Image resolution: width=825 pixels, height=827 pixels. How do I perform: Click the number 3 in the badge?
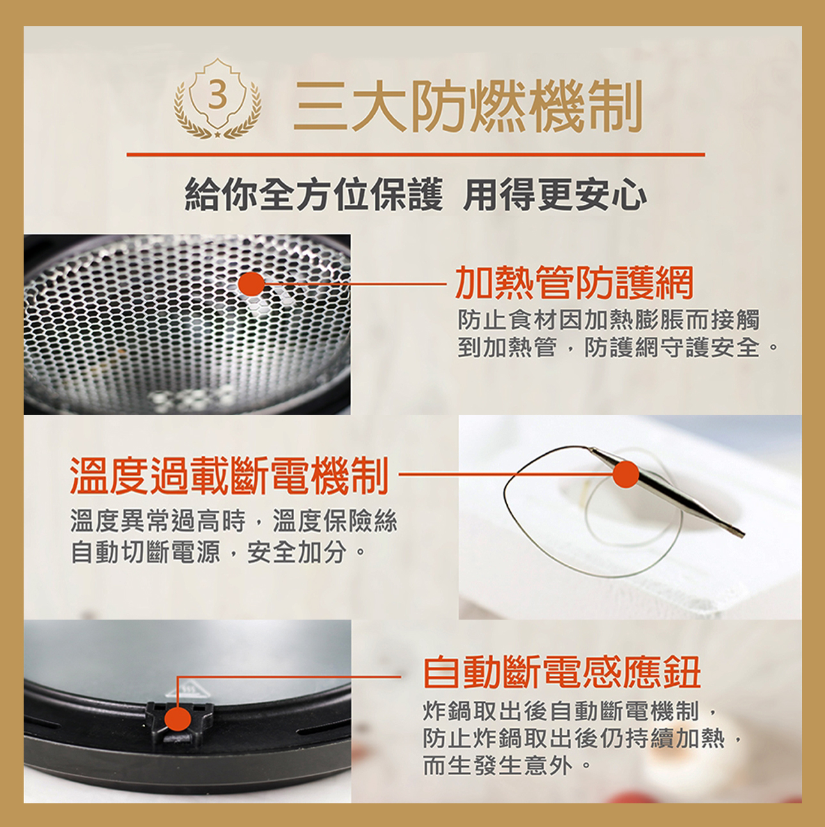tap(217, 96)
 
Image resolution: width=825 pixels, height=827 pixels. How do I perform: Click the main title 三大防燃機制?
tap(467, 106)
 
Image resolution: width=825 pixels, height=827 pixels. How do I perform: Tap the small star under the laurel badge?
tap(217, 136)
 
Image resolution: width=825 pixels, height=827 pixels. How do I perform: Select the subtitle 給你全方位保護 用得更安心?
tap(416, 195)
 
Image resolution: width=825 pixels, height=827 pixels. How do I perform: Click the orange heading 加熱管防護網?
tap(574, 282)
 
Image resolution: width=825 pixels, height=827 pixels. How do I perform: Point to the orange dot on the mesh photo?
tap(252, 284)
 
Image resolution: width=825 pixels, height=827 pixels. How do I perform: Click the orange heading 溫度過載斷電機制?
tap(229, 476)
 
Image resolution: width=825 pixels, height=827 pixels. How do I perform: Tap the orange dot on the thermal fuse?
tap(625, 475)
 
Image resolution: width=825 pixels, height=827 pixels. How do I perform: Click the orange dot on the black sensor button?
tap(178, 718)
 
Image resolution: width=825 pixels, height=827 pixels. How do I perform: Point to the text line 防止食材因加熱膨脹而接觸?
tap(608, 320)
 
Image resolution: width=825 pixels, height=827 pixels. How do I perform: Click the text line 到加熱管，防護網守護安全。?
tap(617, 348)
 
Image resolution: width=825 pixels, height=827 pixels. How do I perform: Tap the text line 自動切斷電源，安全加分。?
tap(218, 552)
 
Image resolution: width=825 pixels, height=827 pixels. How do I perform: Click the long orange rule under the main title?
tap(416, 154)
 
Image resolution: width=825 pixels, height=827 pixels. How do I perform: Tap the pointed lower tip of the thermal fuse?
tap(744, 534)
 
